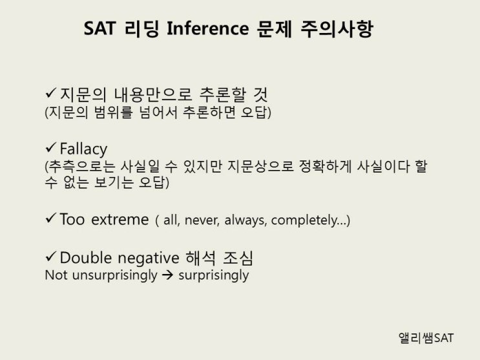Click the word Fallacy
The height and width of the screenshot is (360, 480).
(83, 149)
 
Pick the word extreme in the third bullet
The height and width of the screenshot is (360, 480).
(120, 219)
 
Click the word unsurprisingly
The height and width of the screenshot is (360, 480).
(112, 275)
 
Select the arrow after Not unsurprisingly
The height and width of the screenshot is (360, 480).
(168, 275)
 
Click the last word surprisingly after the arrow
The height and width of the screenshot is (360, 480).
(213, 275)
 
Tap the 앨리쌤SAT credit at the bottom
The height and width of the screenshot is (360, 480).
(427, 338)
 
